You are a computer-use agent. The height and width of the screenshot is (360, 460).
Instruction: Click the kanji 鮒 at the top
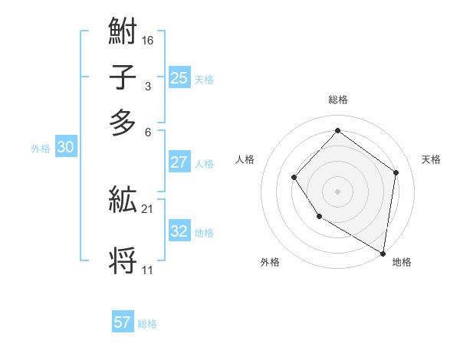coord(123,33)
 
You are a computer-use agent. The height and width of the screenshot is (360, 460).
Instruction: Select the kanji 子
coord(123,78)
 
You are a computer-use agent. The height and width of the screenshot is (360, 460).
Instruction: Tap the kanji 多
coord(123,123)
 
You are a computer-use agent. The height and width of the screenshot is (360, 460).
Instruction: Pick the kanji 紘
coord(123,201)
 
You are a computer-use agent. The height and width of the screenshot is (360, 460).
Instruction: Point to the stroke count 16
coord(148,41)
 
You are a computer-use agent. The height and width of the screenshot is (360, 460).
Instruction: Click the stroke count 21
coord(148,208)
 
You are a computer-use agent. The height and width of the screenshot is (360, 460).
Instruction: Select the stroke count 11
coord(147,270)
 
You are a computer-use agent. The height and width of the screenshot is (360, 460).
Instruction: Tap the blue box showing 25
coord(179,77)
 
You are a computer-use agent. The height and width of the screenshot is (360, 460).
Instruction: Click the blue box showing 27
coord(179,162)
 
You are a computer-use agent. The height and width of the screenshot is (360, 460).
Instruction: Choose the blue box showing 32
coord(179,231)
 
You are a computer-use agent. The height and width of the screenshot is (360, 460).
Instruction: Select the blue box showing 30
coord(65,148)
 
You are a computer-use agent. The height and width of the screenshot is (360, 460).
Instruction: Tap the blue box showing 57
coord(123,322)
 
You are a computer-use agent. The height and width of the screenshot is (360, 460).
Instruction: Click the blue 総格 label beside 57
coord(147,324)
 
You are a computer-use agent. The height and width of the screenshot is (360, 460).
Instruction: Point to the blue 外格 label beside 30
coord(41,149)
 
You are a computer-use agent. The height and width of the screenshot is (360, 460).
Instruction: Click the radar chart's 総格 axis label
coord(337,100)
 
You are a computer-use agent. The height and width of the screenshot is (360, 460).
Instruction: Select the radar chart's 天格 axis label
coord(431,159)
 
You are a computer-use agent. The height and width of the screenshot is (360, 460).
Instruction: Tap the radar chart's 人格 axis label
coord(245,159)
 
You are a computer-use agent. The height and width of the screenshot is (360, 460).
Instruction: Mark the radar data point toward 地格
coord(383,253)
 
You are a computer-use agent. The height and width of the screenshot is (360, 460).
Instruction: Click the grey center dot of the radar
coord(337,191)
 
